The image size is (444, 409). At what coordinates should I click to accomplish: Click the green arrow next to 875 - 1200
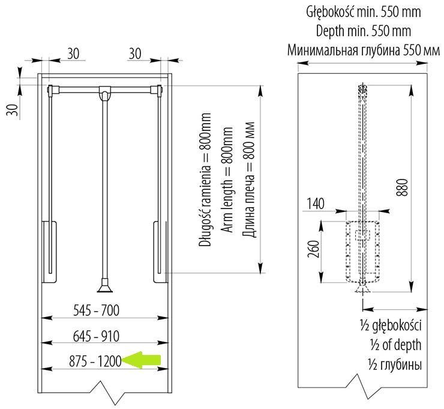(x=144, y=360)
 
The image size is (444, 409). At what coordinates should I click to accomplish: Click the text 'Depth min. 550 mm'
(x=363, y=31)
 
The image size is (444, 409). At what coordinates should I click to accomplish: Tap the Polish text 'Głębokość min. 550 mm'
(x=363, y=11)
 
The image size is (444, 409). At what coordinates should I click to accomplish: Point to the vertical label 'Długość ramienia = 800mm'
(x=206, y=180)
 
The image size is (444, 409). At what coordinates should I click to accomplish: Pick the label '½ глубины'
(x=391, y=365)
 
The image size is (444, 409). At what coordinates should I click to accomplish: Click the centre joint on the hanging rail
(x=105, y=93)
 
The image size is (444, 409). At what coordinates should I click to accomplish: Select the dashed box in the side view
(x=364, y=251)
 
